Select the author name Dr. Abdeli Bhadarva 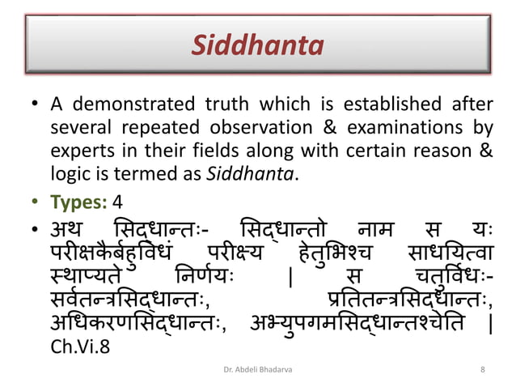[x=256, y=370]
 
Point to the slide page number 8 [x=482, y=370]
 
